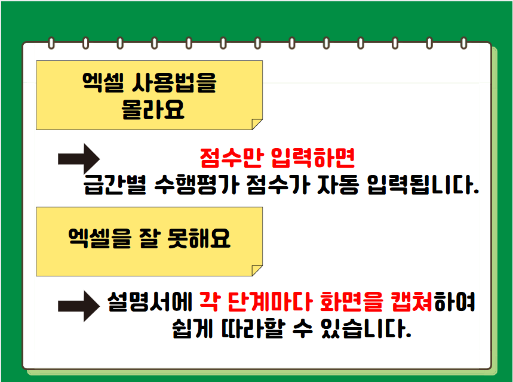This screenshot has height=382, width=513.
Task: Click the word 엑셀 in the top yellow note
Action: coord(103,82)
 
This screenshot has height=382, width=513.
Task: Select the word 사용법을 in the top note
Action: coord(174,82)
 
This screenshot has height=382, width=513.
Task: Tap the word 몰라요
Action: coord(153,109)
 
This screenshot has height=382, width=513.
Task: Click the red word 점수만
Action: coord(232,158)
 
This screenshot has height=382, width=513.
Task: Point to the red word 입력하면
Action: coord(313,158)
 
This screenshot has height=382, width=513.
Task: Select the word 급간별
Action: coord(115,185)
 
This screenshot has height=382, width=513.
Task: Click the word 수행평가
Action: coord(196,185)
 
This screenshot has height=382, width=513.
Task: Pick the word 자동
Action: coord(338,185)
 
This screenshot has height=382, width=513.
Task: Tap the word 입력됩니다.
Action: coord(423,185)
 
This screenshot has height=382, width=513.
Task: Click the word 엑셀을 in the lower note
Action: coord(100,238)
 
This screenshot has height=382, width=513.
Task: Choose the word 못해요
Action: coord(199,238)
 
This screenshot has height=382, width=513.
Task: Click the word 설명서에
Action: coord(150,301)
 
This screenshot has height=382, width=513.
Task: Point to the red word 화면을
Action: coord(351,301)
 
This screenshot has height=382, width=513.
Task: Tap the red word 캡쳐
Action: coord(412,301)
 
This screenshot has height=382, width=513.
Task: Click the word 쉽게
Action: coord(193,328)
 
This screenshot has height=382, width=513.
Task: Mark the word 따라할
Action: coord(253,328)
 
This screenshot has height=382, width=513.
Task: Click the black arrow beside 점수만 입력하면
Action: coord(79,159)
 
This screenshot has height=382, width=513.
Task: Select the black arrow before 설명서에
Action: coord(79,306)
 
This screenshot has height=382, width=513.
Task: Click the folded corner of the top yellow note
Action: coord(256,125)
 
